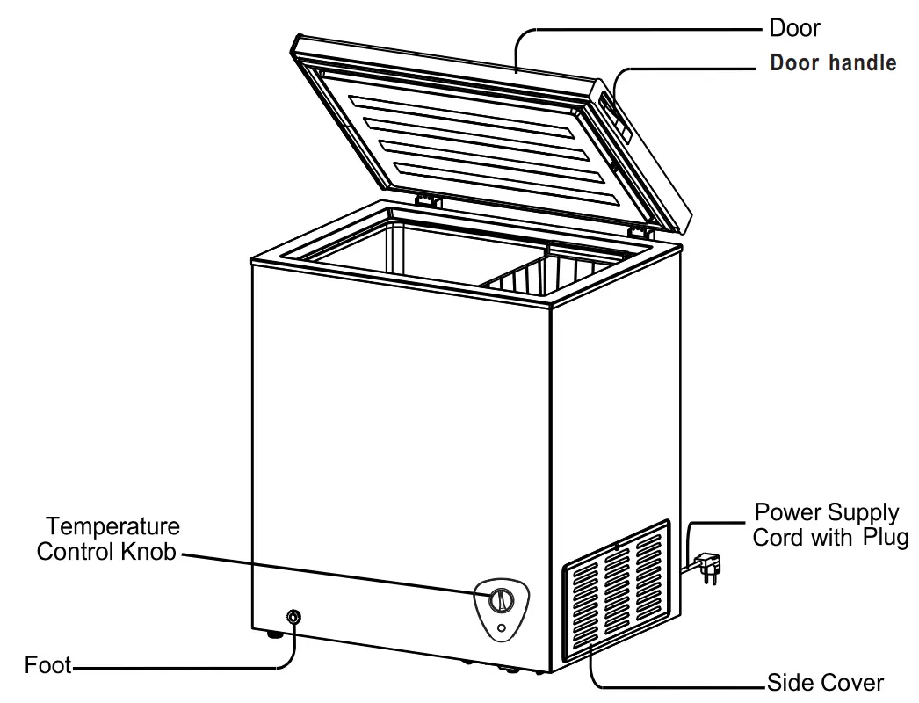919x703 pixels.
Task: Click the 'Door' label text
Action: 794,28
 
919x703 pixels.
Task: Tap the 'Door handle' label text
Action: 833,63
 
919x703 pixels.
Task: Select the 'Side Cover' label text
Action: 825,683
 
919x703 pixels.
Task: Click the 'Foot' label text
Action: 47,665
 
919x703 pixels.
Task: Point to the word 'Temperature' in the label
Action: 112,527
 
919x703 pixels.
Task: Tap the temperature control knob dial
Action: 501,600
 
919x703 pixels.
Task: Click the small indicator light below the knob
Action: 501,628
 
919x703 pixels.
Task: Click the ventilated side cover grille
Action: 616,598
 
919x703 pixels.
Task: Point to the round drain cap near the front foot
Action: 293,618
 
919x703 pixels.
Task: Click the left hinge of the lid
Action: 428,200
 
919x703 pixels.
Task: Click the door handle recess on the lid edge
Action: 620,119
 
